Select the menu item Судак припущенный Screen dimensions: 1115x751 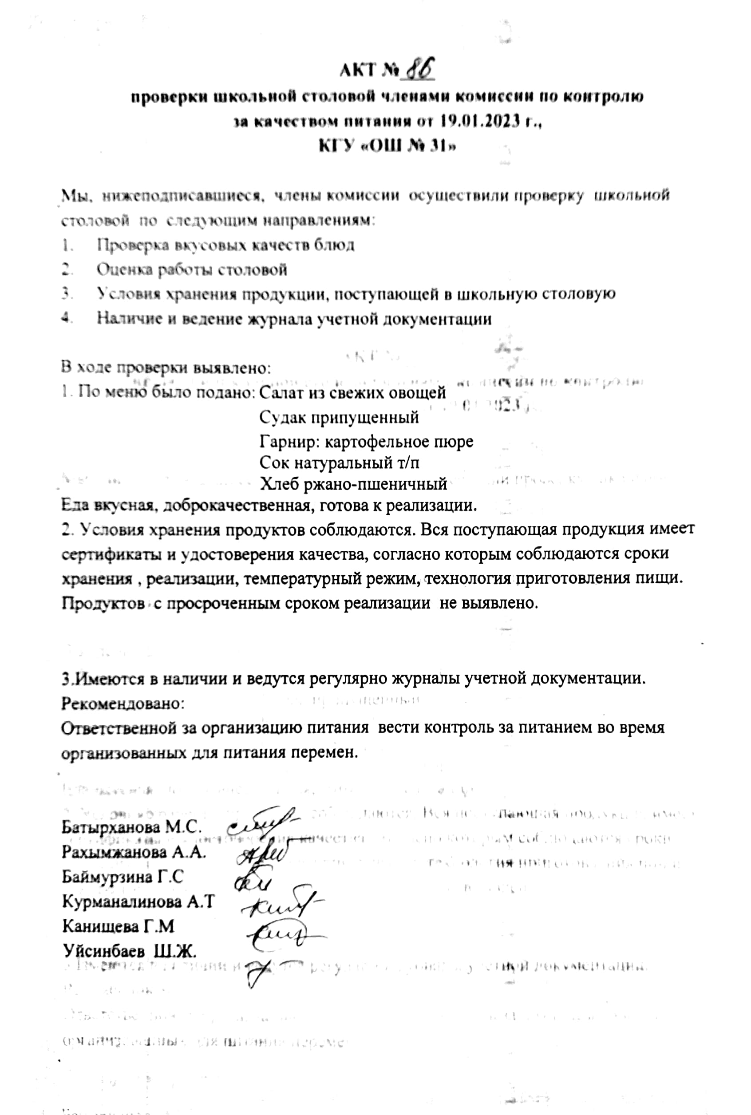point(339,417)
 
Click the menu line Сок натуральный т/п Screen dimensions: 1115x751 point(340,463)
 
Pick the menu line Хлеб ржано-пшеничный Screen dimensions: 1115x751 point(353,484)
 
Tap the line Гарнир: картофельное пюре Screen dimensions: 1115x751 point(366,441)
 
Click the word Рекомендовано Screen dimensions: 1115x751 point(123,704)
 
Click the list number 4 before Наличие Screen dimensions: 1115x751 point(66,318)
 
